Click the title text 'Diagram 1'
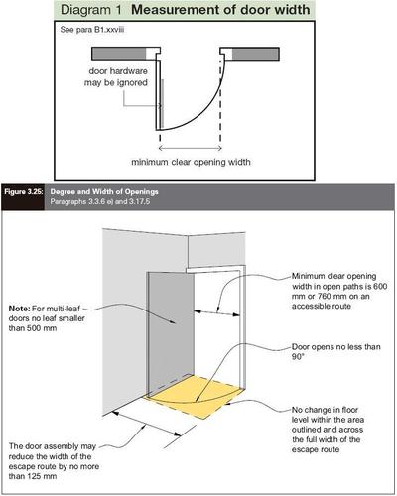tap(91, 10)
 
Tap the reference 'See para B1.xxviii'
tap(92, 30)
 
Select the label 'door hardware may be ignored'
tap(116, 76)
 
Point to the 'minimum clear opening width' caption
tap(191, 162)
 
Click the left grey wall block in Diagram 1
tap(118, 54)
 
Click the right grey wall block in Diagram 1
tap(255, 54)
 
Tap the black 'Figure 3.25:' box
tap(23, 196)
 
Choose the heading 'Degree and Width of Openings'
tap(104, 192)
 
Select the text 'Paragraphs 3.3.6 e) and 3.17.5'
tap(100, 201)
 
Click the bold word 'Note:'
tap(19, 309)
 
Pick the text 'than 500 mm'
tap(33, 328)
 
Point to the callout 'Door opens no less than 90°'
tap(335, 352)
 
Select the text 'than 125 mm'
tap(33, 476)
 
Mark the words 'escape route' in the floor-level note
tap(316, 449)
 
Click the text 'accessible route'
tap(322, 306)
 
